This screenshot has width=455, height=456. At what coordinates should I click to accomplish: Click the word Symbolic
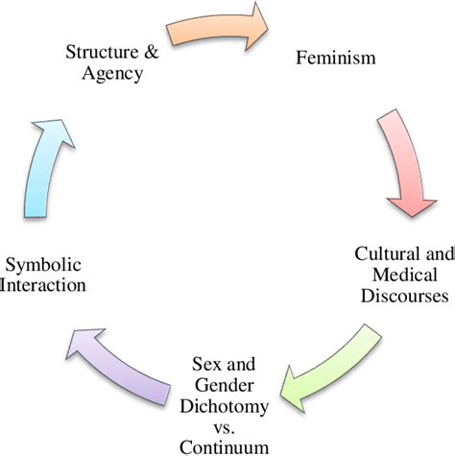(x=47, y=264)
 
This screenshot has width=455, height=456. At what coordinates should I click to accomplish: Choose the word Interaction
(x=47, y=285)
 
